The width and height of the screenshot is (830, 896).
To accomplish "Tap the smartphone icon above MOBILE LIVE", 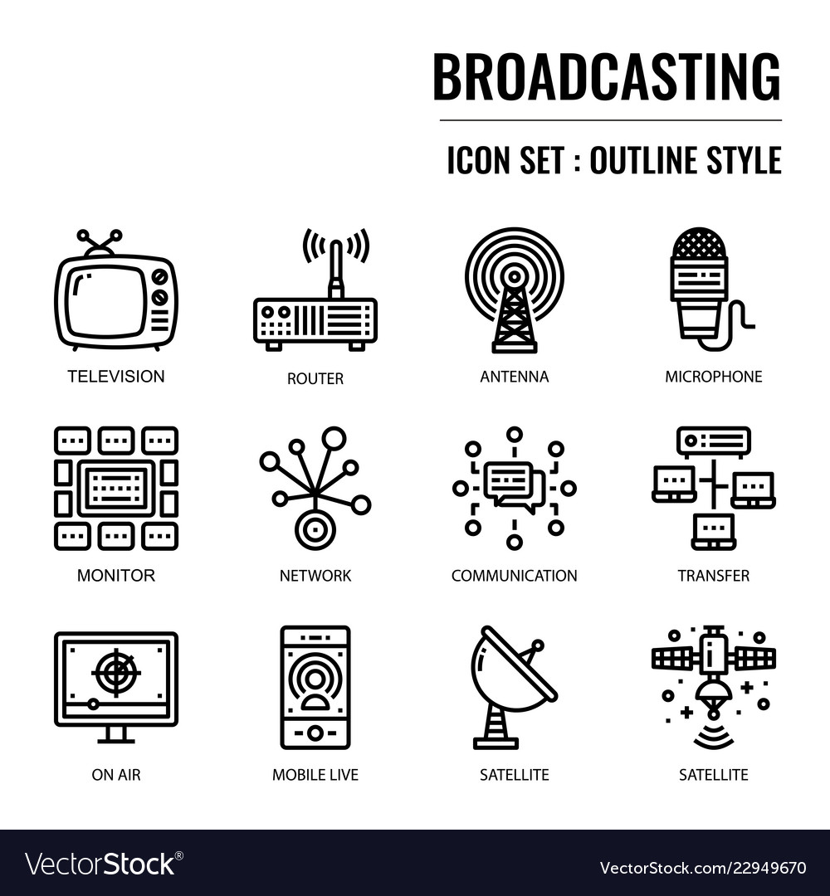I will pyautogui.click(x=315, y=687).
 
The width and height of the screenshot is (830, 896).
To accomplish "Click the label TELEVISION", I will pyautogui.click(x=116, y=376).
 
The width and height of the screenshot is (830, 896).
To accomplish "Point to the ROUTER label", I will pyautogui.click(x=315, y=379).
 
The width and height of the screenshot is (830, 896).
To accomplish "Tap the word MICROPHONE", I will pyautogui.click(x=713, y=377).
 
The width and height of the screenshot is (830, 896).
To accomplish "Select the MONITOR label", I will pyautogui.click(x=116, y=575).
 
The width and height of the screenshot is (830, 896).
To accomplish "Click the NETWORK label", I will pyautogui.click(x=315, y=575).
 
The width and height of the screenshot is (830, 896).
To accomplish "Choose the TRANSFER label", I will pyautogui.click(x=713, y=575).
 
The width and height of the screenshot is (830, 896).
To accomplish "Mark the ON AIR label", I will pyautogui.click(x=116, y=775).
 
